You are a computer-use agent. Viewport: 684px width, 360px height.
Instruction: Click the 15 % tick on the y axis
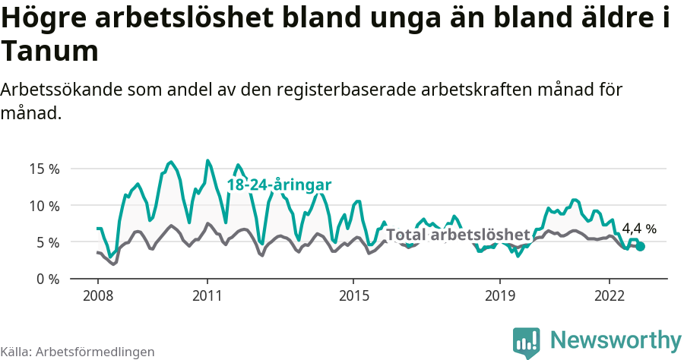[44, 169]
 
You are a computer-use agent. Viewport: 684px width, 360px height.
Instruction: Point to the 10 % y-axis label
[44, 205]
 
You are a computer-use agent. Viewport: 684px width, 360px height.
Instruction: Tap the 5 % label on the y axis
[47, 242]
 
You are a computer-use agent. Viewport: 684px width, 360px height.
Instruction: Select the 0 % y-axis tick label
[47, 279]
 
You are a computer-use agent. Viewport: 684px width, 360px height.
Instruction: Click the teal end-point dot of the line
[641, 246]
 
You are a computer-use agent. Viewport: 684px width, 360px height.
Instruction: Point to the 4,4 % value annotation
[638, 228]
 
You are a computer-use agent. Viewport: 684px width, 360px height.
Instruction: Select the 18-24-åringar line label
[279, 185]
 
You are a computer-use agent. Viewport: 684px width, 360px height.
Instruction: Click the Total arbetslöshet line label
[458, 234]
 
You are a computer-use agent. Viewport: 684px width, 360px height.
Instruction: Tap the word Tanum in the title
[50, 52]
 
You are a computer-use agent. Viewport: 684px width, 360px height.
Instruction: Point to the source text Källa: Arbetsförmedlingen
[78, 352]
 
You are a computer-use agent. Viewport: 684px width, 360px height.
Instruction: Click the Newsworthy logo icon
[526, 342]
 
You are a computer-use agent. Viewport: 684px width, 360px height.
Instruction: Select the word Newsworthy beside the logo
[616, 339]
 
